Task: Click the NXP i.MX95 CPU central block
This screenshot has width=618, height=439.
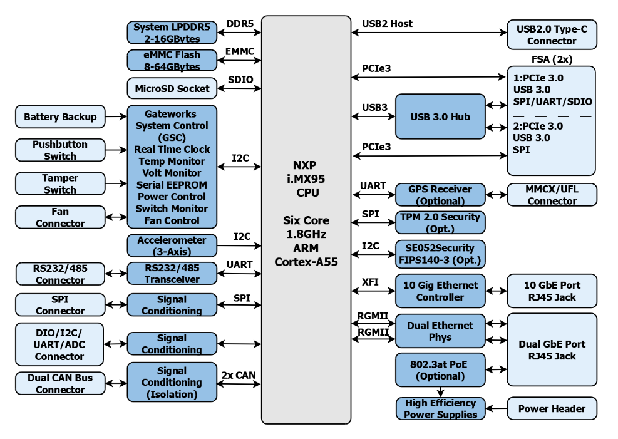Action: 306,219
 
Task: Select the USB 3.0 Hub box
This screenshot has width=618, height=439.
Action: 440,116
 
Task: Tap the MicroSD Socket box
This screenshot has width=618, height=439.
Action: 172,88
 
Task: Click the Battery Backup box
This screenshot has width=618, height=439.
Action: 60,116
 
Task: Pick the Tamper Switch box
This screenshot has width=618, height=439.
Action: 60,183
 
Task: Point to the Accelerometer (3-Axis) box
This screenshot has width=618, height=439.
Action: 172,245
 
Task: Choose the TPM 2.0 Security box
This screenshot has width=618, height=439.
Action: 440,222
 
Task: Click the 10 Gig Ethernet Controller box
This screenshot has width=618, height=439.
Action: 440,291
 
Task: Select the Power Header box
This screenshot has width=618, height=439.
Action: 552,409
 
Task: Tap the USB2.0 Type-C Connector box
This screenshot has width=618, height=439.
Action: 552,35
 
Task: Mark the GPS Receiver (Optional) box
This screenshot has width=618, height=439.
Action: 440,195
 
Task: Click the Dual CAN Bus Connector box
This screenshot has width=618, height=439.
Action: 60,383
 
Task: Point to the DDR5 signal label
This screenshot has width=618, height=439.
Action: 240,24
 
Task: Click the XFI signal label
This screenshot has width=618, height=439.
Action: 370,282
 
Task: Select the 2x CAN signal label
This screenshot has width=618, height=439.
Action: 239,376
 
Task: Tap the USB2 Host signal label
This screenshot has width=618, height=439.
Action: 387,24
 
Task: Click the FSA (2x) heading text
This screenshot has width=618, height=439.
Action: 552,59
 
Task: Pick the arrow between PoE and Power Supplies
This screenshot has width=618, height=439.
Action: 440,392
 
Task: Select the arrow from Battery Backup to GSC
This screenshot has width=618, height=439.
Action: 116,116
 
